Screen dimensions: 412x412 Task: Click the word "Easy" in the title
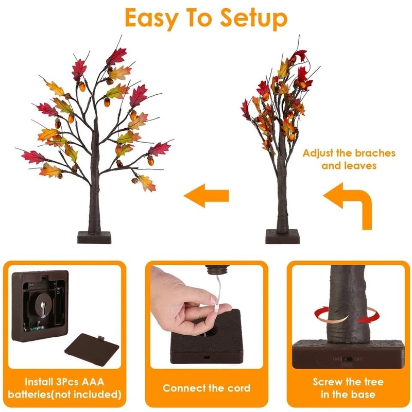click(150, 19)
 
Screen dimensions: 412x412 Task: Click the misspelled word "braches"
click(372, 153)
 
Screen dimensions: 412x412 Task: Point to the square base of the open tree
click(94, 237)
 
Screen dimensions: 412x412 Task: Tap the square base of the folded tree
click(282, 236)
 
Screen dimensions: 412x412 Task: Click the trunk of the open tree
click(94, 201)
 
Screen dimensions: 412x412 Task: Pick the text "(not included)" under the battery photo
click(88, 395)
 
